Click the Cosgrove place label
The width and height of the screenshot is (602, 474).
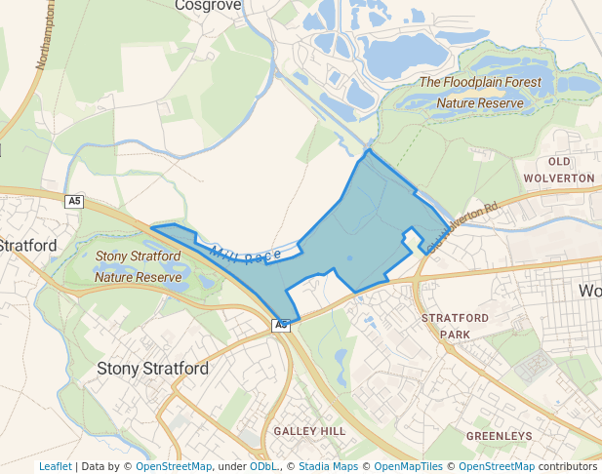(207, 5)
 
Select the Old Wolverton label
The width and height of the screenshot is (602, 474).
(559, 170)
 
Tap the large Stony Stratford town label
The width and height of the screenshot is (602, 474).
(153, 370)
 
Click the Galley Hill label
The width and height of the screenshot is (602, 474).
(309, 431)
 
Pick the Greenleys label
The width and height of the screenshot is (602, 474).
(499, 435)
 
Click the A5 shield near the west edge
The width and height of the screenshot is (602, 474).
(74, 201)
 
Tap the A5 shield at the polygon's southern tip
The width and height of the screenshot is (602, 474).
(281, 324)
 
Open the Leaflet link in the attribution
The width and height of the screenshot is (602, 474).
(55, 466)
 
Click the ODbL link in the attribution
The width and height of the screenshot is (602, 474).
(263, 466)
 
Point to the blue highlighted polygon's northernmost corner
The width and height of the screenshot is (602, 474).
(368, 150)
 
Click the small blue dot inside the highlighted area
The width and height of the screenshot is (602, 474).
(349, 258)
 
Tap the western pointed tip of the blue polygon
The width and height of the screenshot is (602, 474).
(152, 229)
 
